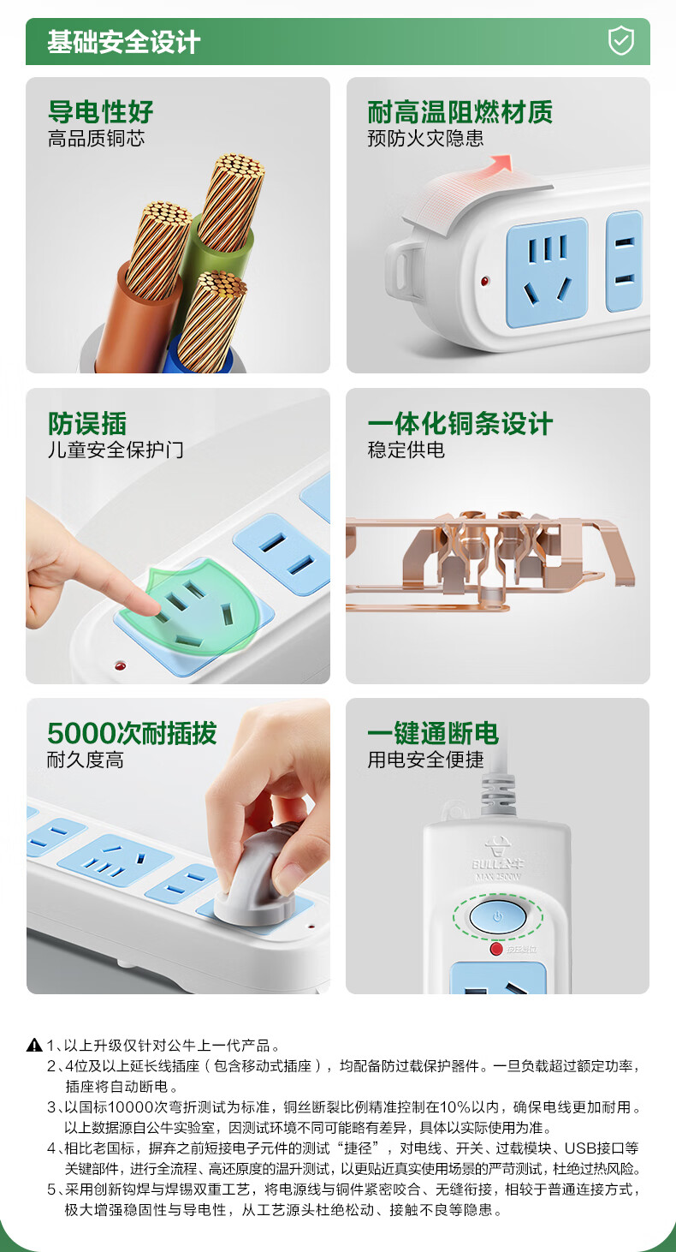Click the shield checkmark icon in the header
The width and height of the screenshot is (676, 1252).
[x=620, y=41]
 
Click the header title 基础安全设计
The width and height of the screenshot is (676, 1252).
[x=123, y=42]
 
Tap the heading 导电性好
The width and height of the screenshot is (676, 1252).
[x=101, y=112]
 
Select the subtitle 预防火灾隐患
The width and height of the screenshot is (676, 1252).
[x=425, y=138]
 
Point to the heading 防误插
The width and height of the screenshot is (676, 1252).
[x=87, y=423]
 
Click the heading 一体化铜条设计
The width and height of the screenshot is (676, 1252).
[x=460, y=423]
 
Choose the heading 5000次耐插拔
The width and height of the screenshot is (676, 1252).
[x=132, y=733]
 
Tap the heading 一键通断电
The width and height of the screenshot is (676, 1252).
[x=433, y=733]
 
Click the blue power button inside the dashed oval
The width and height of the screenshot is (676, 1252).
[x=497, y=916]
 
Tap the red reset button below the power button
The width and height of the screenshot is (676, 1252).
[x=495, y=949]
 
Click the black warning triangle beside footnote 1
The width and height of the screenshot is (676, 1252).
[x=34, y=1045]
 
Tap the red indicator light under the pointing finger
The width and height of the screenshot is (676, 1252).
[x=120, y=665]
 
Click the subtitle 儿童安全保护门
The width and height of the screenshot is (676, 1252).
[x=116, y=450]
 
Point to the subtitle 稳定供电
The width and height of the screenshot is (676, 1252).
[x=406, y=450]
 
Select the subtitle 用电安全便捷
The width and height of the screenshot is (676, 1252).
[x=425, y=760]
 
